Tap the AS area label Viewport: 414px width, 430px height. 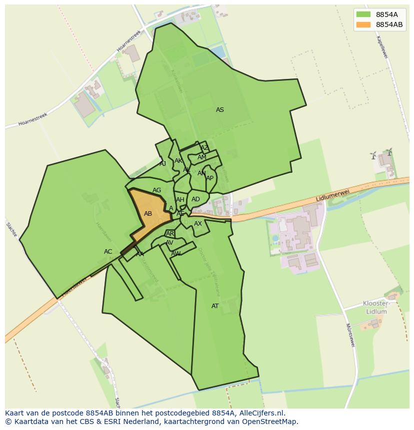click(220, 110)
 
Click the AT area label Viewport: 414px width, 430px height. click(215, 306)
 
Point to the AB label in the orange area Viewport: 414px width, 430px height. click(148, 214)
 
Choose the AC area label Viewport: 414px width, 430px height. click(108, 252)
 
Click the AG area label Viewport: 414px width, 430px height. click(157, 190)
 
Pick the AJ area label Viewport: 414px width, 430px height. click(162, 163)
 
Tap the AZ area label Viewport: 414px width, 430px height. click(204, 148)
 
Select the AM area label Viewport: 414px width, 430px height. click(201, 157)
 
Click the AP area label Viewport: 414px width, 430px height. click(210, 178)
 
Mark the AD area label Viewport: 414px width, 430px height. click(195, 199)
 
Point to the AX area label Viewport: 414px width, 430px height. click(198, 224)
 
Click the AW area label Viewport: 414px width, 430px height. click(175, 254)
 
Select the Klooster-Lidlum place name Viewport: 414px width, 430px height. click(376, 308)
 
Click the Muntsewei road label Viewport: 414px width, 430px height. click(350, 335)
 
